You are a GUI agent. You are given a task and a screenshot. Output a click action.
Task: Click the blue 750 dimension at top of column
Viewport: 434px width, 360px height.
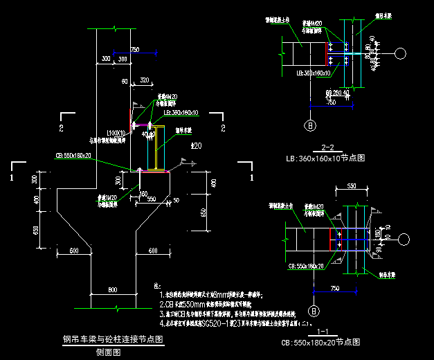(x=134, y=49)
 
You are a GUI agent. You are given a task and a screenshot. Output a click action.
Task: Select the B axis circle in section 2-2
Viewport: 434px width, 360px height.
(x=311, y=125)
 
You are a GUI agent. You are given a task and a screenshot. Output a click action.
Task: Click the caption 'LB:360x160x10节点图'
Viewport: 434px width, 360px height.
(x=326, y=158)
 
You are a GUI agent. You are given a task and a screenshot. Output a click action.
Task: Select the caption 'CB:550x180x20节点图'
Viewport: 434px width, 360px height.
(x=323, y=342)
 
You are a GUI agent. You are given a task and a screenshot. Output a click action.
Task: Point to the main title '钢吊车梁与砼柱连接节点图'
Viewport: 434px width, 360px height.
(x=112, y=339)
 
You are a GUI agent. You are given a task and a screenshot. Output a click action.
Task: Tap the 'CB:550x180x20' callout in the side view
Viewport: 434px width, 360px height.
(x=73, y=156)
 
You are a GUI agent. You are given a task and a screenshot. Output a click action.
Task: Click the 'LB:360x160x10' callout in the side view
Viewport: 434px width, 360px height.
(x=181, y=111)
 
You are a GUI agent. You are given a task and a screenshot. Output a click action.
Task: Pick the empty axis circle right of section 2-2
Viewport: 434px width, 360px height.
(x=401, y=53)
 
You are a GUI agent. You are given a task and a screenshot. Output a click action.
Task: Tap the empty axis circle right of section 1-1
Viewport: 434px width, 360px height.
(x=403, y=239)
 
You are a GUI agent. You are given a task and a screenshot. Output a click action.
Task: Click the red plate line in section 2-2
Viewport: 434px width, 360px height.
(x=327, y=53)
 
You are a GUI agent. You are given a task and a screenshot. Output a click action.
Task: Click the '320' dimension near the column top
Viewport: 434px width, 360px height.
(x=144, y=81)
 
